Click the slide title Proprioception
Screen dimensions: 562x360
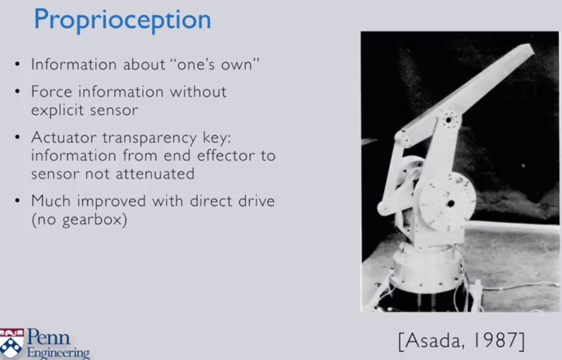click(123, 20)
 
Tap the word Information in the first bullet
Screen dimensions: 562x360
click(74, 64)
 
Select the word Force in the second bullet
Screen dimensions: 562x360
click(51, 92)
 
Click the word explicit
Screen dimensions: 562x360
click(57, 110)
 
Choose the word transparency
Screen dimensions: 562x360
click(150, 138)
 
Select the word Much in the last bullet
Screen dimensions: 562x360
click(51, 201)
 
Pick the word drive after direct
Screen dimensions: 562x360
click(256, 201)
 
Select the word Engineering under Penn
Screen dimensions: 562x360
click(58, 352)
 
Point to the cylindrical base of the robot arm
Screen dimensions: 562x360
click(426, 268)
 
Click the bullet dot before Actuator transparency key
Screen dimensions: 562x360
click(17, 137)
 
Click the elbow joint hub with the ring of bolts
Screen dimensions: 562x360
click(449, 120)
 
